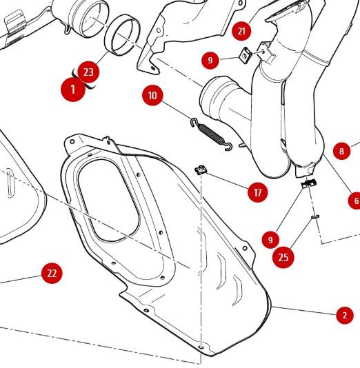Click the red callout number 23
coord(88,72)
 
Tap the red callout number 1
coord(73,90)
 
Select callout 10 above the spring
coord(152,96)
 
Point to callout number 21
coord(241,31)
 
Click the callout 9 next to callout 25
coord(270,240)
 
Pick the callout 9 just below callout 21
coord(210,61)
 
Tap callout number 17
coord(258,193)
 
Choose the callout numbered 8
coord(341,151)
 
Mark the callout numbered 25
coord(283,258)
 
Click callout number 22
coord(52,273)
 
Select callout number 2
coord(345,315)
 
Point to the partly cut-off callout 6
coord(354,201)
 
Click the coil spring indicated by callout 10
coord(210,134)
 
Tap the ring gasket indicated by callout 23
coord(122,34)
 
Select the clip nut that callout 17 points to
coord(201,170)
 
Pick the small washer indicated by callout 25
coord(315,216)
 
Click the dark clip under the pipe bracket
coord(308,183)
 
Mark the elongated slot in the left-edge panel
coord(10,183)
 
